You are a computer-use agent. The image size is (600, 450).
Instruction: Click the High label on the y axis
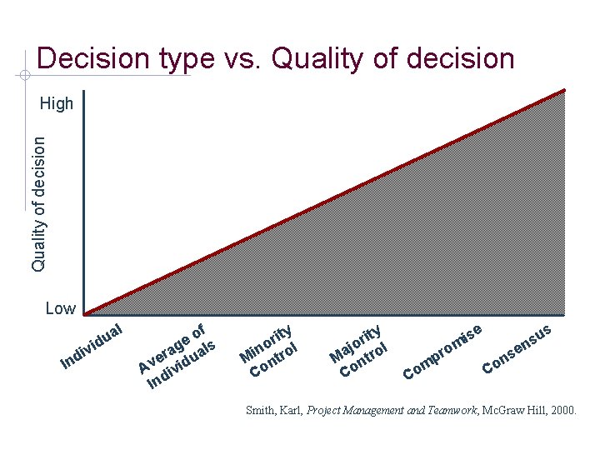click(x=57, y=104)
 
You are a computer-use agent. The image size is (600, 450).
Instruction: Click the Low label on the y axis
click(x=60, y=309)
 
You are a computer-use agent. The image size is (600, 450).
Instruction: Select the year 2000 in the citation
click(x=561, y=410)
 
